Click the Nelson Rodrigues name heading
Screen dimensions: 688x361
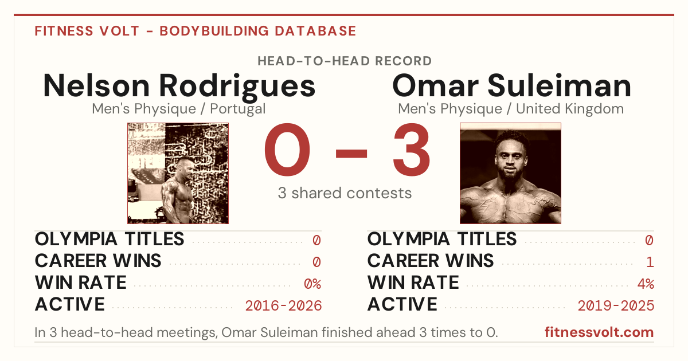(179, 86)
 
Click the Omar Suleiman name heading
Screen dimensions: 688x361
(511, 85)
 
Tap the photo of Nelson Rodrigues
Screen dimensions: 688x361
(178, 173)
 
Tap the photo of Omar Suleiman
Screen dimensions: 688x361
(510, 173)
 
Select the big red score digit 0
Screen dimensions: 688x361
(287, 149)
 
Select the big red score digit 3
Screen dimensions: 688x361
(412, 149)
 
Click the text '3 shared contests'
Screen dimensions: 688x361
(345, 193)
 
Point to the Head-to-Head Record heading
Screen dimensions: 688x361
(345, 61)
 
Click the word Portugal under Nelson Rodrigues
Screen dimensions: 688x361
(238, 109)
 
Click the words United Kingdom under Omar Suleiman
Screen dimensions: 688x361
(570, 109)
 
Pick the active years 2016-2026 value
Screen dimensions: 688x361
(283, 306)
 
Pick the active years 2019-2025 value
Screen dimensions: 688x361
(616, 306)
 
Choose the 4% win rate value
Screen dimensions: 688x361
(646, 284)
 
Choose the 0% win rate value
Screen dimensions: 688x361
(312, 284)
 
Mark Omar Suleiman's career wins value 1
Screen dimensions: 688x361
(650, 262)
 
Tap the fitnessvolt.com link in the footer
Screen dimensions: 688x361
(599, 332)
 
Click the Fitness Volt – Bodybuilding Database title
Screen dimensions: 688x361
(196, 31)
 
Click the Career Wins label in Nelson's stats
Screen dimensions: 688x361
(98, 261)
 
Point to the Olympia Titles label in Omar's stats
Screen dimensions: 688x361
(442, 239)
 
